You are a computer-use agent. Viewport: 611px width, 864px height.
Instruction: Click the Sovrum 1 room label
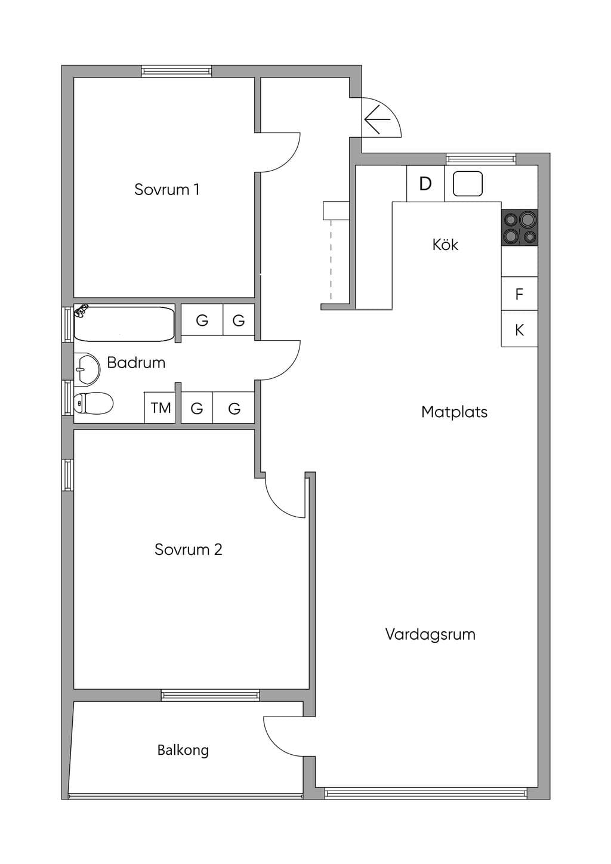(166, 189)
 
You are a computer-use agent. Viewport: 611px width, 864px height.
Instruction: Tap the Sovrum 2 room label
(188, 550)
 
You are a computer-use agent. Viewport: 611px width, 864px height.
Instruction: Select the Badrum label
(136, 363)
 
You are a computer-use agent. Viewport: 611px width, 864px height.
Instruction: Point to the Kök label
(445, 245)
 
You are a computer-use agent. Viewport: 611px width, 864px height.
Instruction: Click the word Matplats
(455, 412)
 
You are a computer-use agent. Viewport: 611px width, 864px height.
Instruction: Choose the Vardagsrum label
(430, 634)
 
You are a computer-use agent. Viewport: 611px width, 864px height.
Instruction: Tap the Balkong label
(183, 750)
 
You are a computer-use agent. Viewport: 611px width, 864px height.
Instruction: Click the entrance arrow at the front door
(377, 119)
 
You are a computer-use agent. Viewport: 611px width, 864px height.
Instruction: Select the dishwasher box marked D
(425, 184)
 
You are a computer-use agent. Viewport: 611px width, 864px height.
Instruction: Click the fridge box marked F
(519, 294)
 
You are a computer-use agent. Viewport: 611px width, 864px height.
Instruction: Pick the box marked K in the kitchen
(519, 329)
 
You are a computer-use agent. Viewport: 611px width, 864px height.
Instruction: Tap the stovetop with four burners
(519, 227)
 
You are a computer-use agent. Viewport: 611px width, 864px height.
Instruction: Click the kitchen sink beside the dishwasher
(468, 184)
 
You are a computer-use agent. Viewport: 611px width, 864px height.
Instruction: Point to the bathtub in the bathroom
(124, 323)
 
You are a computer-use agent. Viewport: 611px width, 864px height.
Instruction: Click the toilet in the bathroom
(93, 403)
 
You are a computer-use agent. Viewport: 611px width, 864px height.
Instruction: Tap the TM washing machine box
(160, 408)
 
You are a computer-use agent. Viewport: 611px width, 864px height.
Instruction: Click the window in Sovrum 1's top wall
(176, 71)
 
